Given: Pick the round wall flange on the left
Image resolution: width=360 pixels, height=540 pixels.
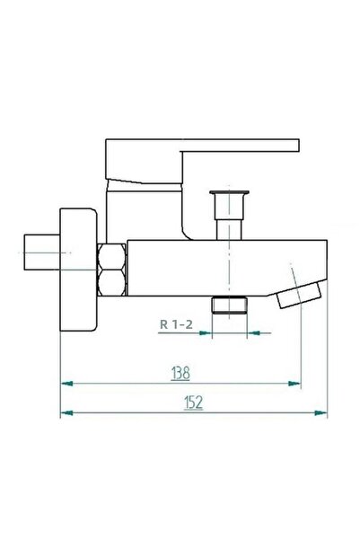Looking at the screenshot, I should (x=77, y=269).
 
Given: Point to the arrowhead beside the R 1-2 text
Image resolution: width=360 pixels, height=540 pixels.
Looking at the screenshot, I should (x=204, y=332).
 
